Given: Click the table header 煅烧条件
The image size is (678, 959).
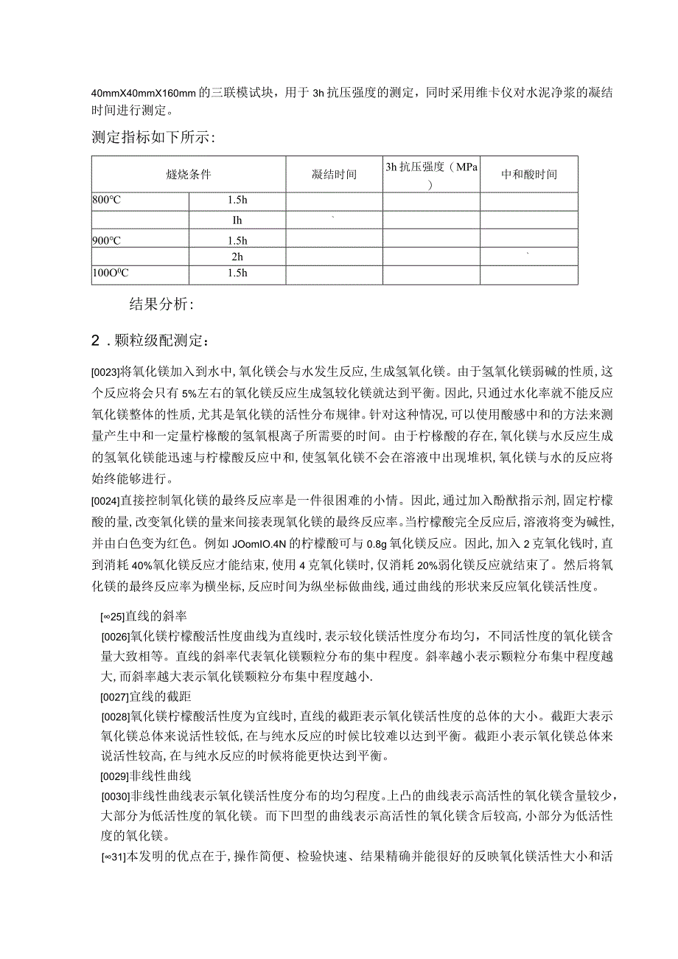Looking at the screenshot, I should pyautogui.click(x=189, y=175).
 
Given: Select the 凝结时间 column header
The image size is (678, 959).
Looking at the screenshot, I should pyautogui.click(x=334, y=175).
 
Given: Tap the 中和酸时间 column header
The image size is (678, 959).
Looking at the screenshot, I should pyautogui.click(x=528, y=175).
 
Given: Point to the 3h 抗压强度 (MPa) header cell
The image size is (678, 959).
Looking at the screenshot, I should pyautogui.click(x=431, y=175).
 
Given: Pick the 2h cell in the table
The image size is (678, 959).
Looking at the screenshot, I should pyautogui.click(x=237, y=257).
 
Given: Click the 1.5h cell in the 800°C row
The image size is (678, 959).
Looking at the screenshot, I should pyautogui.click(x=237, y=201).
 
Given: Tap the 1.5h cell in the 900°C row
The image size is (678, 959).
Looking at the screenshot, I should pyautogui.click(x=237, y=240).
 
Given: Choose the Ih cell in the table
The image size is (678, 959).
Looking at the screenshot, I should pyautogui.click(x=237, y=220).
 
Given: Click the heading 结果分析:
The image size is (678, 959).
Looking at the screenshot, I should pyautogui.click(x=161, y=304).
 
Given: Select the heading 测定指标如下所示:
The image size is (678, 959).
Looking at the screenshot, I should pyautogui.click(x=153, y=137).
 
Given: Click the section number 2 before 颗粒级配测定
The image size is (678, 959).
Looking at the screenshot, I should pyautogui.click(x=95, y=341).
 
